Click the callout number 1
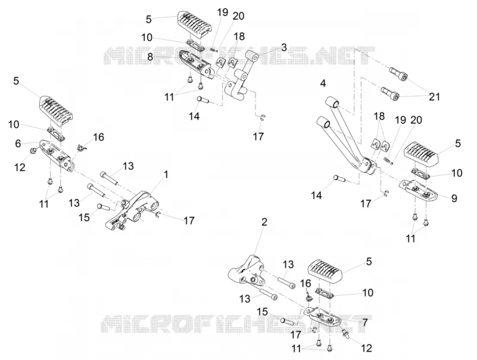click(x=166, y=175)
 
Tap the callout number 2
click(x=264, y=222)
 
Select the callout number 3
click(x=284, y=48)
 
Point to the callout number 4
click(x=323, y=83)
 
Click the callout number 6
click(x=18, y=144)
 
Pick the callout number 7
click(x=365, y=322)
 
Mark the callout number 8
click(x=150, y=57)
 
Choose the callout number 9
click(x=454, y=198)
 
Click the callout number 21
click(x=435, y=97)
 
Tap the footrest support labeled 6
click(x=56, y=154)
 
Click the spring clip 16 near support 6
click(x=80, y=147)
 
